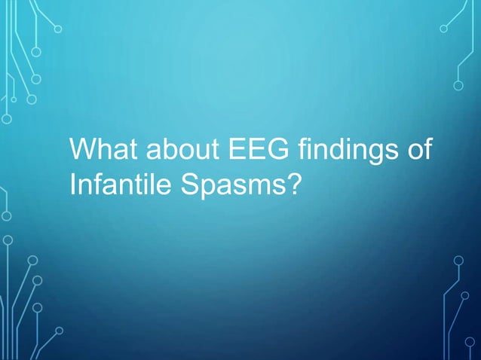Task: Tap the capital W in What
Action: point(79,148)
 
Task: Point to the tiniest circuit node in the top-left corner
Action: point(14,99)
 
